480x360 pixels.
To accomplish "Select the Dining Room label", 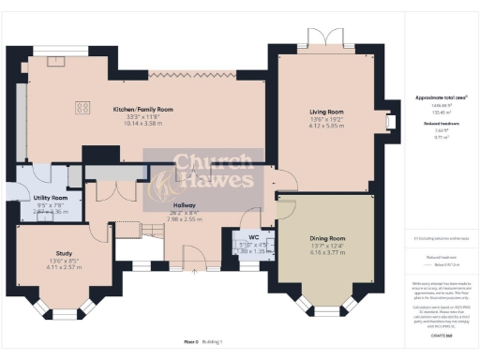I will point(328,238).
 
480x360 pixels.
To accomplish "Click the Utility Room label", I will point(52,199).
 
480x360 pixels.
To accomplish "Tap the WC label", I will point(253,238).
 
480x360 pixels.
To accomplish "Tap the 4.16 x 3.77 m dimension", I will point(328,252).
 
